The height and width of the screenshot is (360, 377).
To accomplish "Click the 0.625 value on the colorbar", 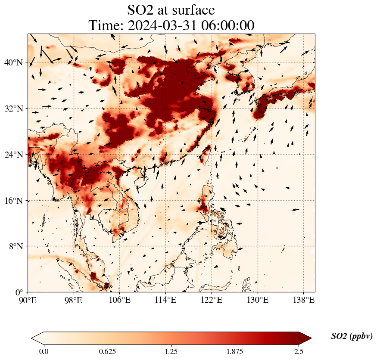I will pyautogui.click(x=107, y=351).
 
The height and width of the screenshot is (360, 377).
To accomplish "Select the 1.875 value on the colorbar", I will pyautogui.click(x=235, y=351).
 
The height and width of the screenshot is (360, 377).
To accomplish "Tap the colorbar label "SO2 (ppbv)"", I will pyautogui.click(x=352, y=336).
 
